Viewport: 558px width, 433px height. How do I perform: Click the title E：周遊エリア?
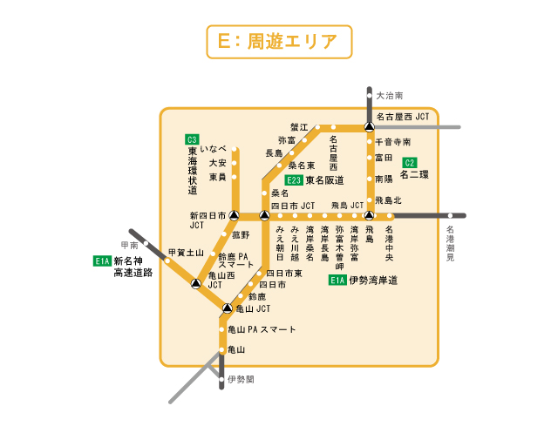[x=278, y=42]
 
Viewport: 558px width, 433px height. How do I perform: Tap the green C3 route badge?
[x=192, y=139]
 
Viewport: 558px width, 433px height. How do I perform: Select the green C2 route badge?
[x=410, y=162]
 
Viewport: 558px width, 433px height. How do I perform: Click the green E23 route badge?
[x=294, y=180]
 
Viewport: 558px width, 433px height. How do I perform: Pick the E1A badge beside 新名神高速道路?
[x=103, y=260]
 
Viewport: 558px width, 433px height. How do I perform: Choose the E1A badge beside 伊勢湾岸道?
[x=337, y=281]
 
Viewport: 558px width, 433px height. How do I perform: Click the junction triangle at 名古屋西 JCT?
[x=369, y=127]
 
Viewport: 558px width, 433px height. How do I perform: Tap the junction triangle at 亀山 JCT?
[x=227, y=308]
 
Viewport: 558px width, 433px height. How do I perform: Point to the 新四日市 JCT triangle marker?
[x=233, y=215]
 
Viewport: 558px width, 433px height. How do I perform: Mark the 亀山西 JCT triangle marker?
[x=196, y=285]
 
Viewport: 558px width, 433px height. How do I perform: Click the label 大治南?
[x=390, y=96]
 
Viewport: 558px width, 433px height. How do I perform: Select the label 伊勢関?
[x=240, y=380]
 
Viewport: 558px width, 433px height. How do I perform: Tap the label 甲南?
[x=130, y=246]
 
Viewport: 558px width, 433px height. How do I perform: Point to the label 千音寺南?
[x=392, y=141]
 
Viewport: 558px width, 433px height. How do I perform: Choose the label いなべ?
[x=213, y=149]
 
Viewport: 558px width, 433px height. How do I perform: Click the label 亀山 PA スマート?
[x=262, y=330]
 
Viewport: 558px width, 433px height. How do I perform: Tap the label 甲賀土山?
[x=186, y=253]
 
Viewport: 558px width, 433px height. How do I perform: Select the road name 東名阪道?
[x=324, y=180]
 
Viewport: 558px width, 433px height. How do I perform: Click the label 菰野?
[x=241, y=235]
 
